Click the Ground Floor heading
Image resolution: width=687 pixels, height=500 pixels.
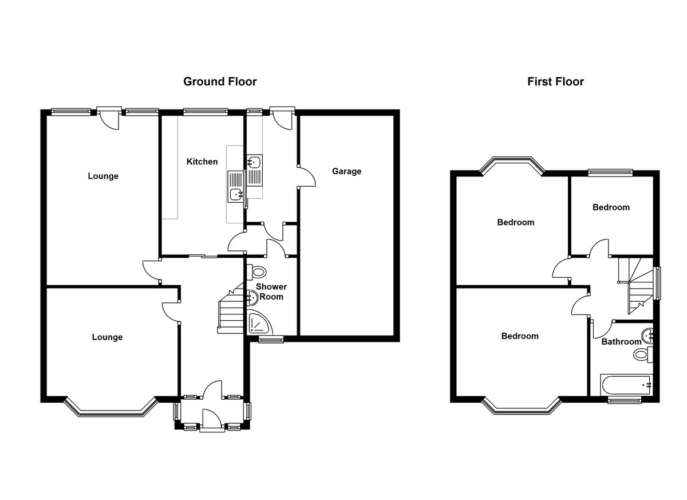220,81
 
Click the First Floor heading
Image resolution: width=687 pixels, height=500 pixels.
555,81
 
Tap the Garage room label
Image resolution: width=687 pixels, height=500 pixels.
346,171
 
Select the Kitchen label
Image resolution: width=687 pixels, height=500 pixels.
202,162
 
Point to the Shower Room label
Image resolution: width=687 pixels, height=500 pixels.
271,292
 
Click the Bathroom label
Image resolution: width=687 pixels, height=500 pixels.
621,342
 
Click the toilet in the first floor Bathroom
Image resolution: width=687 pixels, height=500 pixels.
643,355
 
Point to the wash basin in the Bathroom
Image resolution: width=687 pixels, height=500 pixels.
647,336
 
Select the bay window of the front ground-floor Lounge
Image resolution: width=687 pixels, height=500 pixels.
110,407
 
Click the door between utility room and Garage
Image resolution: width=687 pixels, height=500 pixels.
306,176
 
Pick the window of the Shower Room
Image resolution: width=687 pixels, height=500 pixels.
271,339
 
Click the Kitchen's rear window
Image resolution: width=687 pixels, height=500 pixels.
206,112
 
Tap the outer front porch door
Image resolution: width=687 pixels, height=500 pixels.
212,421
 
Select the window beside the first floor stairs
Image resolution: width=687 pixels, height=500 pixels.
657,283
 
